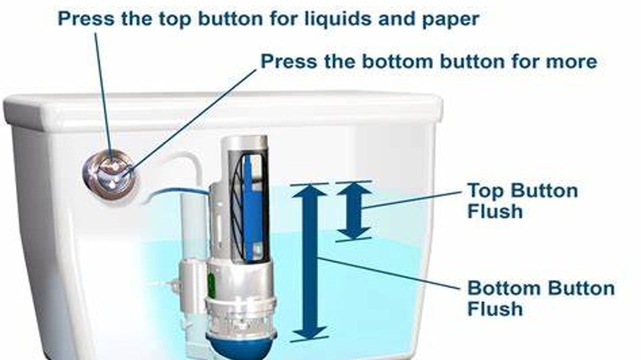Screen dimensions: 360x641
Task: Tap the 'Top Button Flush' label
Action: [x=522, y=201]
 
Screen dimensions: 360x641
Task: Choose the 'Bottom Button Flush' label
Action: [x=541, y=298]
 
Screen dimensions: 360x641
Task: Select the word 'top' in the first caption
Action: [x=175, y=18]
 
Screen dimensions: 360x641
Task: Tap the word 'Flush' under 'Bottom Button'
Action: [x=495, y=308]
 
